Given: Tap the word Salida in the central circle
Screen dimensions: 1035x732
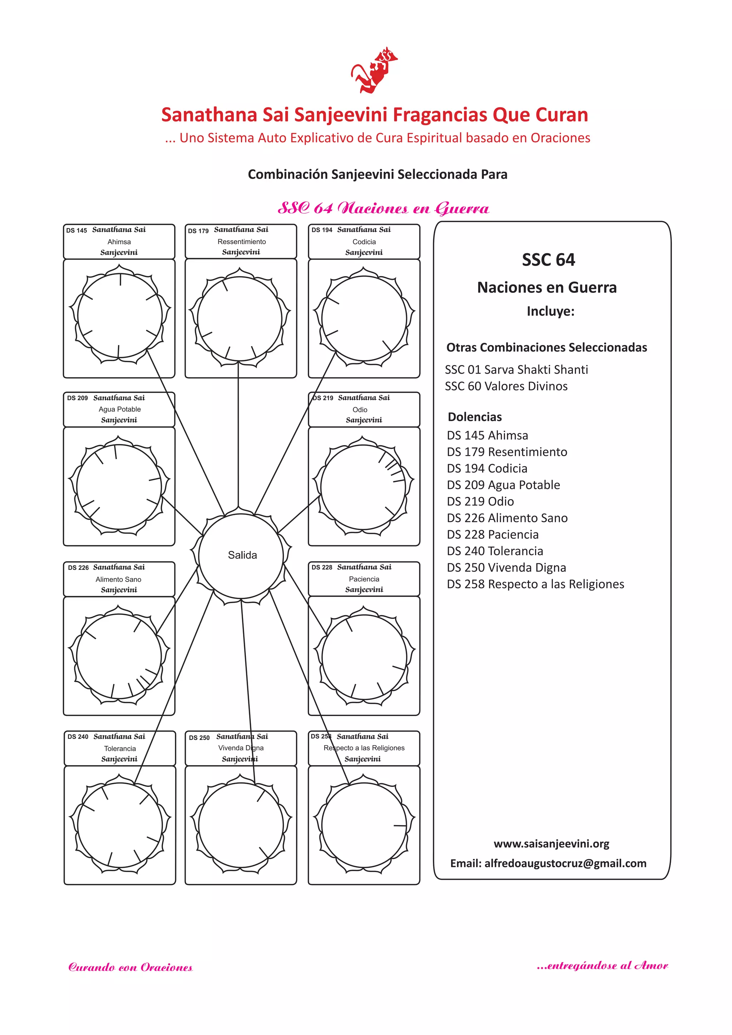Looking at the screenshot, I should (x=242, y=555).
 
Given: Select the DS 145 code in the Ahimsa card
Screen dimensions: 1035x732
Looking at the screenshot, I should (x=76, y=230).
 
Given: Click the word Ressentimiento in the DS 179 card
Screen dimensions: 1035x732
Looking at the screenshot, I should (x=242, y=242).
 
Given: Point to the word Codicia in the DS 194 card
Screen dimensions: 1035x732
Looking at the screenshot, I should (x=364, y=242).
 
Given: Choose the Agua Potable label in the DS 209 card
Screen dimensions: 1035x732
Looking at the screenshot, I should (x=119, y=409).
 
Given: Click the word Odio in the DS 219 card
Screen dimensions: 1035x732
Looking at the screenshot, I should (x=360, y=410).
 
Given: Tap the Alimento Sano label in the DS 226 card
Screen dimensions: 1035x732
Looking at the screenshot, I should (x=118, y=579).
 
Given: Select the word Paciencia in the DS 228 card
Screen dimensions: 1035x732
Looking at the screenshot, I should (x=364, y=579).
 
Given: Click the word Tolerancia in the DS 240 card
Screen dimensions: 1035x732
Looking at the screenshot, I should (x=119, y=748).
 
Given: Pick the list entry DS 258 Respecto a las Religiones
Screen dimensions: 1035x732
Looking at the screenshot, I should (x=535, y=584).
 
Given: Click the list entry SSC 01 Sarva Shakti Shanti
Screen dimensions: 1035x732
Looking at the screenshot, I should (x=516, y=370).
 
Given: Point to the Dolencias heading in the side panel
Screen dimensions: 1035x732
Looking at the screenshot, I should (x=474, y=417).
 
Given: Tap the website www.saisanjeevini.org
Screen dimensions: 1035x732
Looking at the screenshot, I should (x=551, y=843).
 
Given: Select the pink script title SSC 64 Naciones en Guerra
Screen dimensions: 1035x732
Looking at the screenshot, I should (x=383, y=208).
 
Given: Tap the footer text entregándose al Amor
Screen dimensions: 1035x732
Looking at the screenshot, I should (x=602, y=966).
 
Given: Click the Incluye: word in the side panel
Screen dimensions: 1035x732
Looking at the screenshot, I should (x=550, y=311).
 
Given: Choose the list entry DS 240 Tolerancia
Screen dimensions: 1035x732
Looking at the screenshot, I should (x=494, y=551).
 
